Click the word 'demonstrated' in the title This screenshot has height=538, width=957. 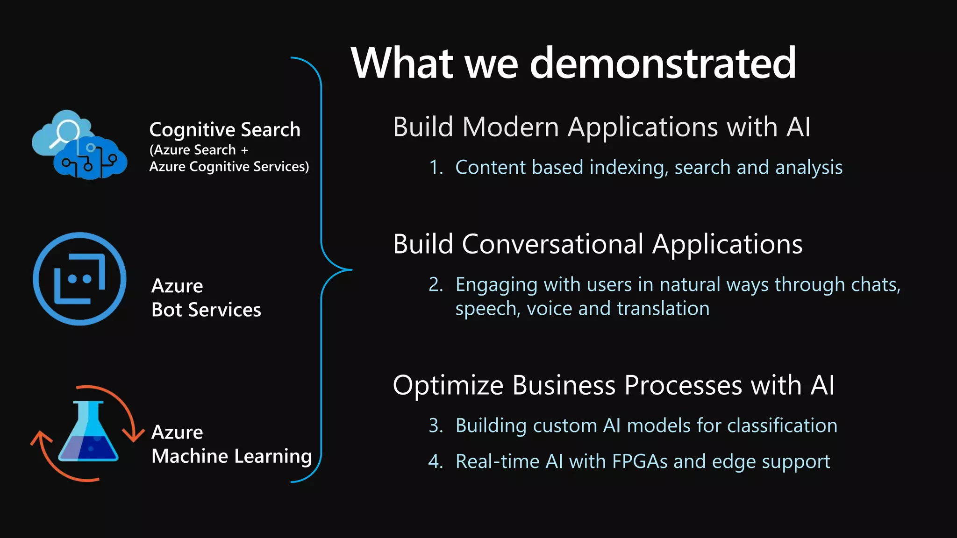[663, 63]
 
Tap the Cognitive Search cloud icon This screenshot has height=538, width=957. [79, 145]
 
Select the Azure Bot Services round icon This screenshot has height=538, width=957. [79, 279]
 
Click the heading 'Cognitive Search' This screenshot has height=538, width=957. [225, 129]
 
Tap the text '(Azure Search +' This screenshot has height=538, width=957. [199, 150]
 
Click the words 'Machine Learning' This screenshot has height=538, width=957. [232, 456]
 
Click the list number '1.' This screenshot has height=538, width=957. [436, 167]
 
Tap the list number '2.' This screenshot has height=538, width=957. [436, 284]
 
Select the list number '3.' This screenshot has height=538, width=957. [436, 425]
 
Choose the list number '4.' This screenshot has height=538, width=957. [436, 461]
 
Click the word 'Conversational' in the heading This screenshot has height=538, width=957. [553, 244]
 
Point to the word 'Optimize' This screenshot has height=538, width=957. [448, 385]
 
